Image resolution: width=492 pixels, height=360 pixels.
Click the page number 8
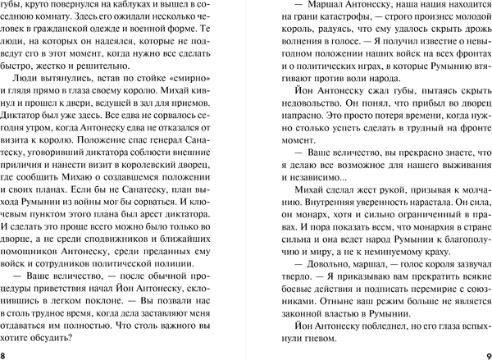(5, 353)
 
